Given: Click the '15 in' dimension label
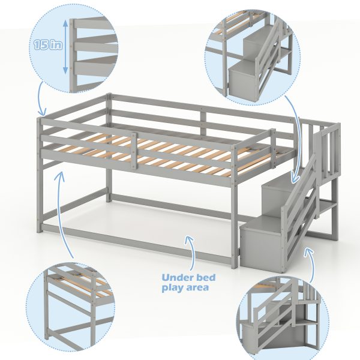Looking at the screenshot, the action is (x=48, y=45).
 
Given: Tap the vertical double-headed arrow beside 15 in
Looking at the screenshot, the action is (x=65, y=47).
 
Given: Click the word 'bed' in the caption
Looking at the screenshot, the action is (x=205, y=277).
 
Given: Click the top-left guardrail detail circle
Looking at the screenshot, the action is (x=74, y=49).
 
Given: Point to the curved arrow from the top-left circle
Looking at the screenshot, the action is (x=41, y=99).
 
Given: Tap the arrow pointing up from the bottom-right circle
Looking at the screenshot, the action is (x=310, y=264).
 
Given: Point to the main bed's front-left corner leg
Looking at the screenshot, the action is (x=40, y=175).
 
